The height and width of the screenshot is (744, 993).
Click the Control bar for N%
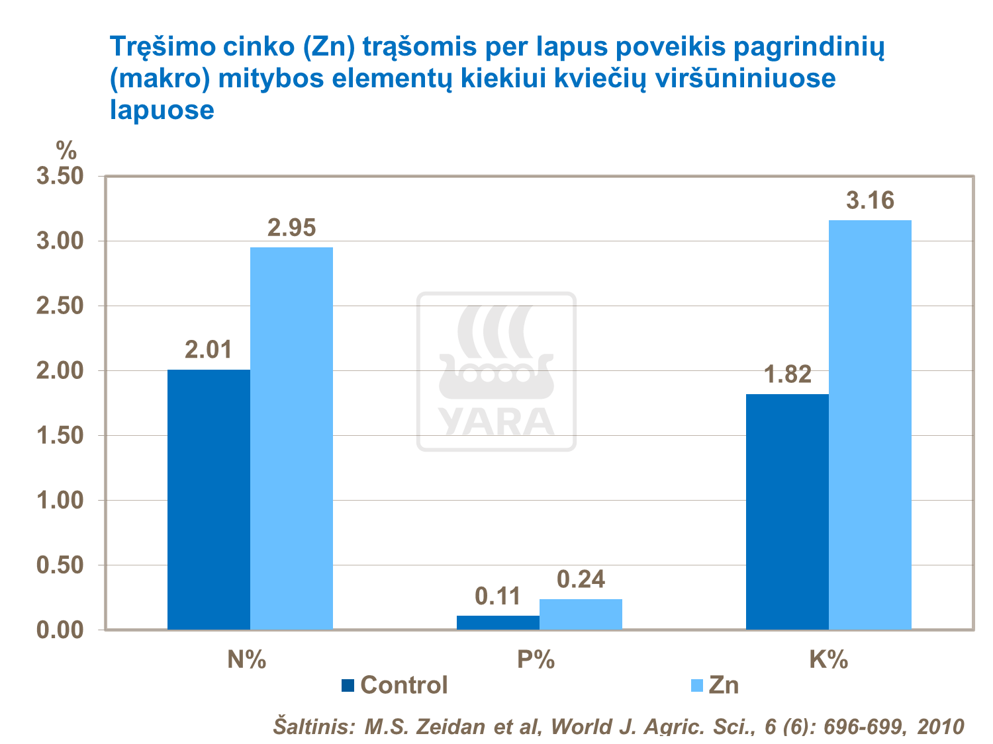coord(209,499)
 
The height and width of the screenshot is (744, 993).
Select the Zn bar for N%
coord(291,438)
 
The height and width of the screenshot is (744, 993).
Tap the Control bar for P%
coord(498,622)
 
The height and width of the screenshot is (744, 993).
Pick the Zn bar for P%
coord(581,614)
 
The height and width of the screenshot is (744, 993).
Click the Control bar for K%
coord(787,511)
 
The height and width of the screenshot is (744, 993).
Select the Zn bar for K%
coord(870,425)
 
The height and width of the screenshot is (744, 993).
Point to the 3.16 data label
coord(870,200)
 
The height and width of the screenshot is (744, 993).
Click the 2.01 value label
coord(209,350)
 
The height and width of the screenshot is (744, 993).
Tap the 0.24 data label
coord(581,579)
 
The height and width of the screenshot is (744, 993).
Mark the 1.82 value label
coord(787,375)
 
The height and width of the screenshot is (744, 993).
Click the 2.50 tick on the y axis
coord(60,306)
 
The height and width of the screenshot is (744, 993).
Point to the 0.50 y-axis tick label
coord(60,565)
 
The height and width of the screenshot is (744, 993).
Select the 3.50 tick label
coord(60,177)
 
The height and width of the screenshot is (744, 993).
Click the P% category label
coord(536,659)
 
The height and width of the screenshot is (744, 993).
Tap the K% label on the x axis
coord(828,659)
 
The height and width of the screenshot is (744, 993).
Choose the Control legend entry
coord(395,685)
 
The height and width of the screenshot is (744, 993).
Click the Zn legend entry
coord(715,685)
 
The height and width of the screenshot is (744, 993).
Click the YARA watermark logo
coord(496,372)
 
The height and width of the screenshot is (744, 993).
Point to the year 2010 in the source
coord(940,726)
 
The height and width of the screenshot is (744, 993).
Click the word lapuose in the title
coord(162,110)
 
